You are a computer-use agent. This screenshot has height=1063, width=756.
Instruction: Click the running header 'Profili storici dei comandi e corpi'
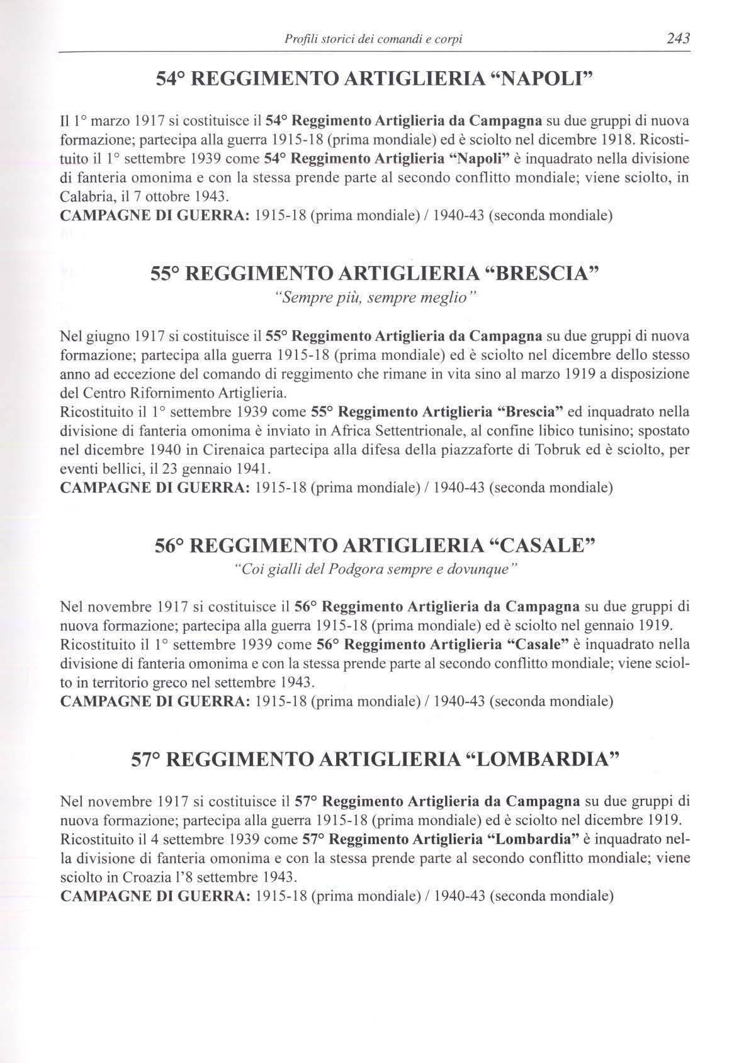pos(374,40)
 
